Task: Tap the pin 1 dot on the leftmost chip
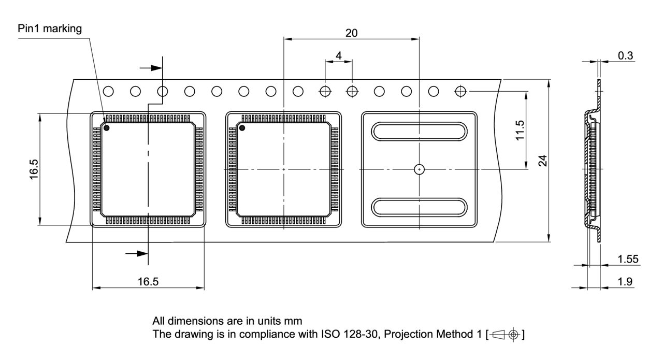[107, 127]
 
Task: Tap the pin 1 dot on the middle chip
[241, 127]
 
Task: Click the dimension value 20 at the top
[351, 33]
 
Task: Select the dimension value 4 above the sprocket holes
[338, 54]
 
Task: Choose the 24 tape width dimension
[542, 161]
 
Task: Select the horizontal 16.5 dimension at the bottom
[148, 282]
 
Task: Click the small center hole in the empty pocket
[419, 169]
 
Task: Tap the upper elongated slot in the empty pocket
[419, 131]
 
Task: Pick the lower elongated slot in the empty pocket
[419, 207]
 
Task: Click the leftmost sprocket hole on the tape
[108, 92]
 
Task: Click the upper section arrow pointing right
[150, 67]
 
